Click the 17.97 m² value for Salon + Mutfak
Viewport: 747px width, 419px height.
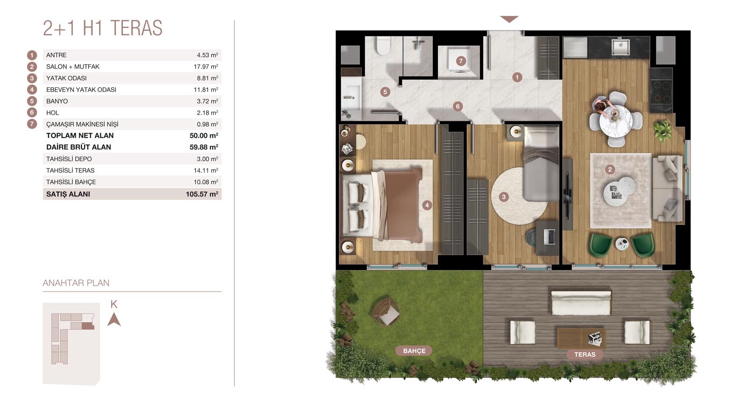tap(206, 67)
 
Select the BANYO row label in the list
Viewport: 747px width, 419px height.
tap(57, 101)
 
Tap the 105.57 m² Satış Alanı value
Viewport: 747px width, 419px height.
tap(202, 194)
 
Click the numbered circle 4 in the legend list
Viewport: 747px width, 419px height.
tap(32, 89)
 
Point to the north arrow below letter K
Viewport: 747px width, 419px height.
tap(114, 319)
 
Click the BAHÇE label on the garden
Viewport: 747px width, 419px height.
tap(414, 351)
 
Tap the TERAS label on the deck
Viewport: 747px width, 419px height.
tap(585, 354)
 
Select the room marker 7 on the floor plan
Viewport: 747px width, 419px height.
tap(461, 61)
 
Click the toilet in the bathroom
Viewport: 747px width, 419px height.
tap(383, 46)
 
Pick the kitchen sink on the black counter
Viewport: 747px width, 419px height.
tap(620, 47)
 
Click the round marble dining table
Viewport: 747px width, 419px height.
tap(616, 121)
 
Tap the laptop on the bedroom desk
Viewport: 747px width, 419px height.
tap(549, 236)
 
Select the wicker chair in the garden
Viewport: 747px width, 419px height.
tap(386, 311)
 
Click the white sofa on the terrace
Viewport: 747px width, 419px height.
tap(581, 303)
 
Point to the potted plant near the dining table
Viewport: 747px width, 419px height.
tap(662, 130)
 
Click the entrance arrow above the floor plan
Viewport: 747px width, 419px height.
tap(509, 19)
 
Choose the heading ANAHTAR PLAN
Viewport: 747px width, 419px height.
tap(76, 283)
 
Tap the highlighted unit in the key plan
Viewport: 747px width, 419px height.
tap(88, 326)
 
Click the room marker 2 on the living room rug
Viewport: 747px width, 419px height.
tap(610, 170)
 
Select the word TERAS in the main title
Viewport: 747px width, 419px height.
tap(136, 28)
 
